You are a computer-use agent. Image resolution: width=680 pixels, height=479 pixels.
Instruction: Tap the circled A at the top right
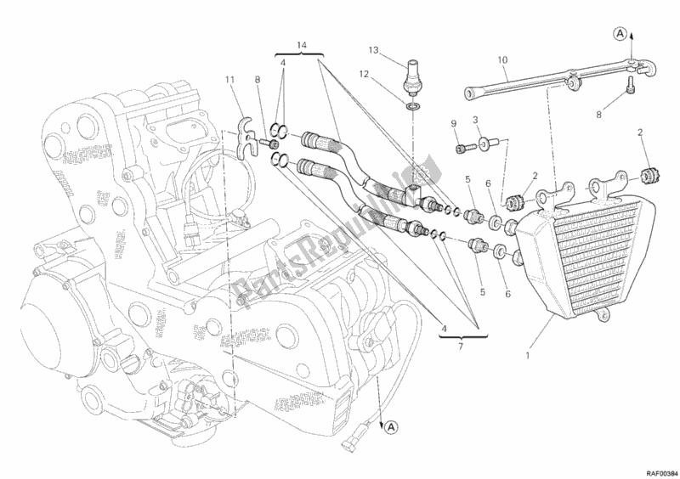(x=622, y=33)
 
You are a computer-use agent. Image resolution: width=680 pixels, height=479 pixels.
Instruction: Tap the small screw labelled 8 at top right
(x=629, y=87)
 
